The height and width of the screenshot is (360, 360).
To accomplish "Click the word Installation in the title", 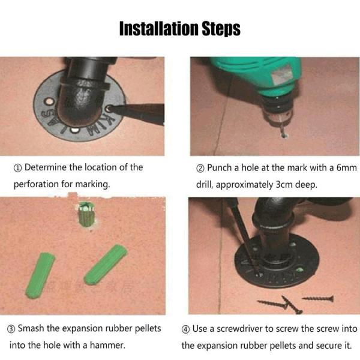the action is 158,29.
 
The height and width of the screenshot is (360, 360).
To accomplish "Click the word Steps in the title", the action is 221,29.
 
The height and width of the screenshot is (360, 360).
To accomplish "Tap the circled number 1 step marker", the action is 18,168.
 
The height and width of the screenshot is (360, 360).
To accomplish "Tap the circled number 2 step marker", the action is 200,169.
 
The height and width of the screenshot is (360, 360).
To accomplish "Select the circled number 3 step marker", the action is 11,329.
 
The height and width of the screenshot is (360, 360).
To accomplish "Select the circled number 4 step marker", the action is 185,329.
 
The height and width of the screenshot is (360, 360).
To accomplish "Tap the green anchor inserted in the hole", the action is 86,215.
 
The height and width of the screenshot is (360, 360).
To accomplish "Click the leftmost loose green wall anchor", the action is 40,275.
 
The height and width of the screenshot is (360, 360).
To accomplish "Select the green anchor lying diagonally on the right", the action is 106,265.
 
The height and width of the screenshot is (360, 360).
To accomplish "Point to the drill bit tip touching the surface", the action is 284,136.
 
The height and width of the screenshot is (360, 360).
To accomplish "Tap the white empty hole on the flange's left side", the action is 49,101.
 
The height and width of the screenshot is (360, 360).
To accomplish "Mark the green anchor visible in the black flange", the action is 299,269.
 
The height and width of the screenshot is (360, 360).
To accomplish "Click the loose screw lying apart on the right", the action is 318,298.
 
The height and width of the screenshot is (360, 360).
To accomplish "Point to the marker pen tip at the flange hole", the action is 110,109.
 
